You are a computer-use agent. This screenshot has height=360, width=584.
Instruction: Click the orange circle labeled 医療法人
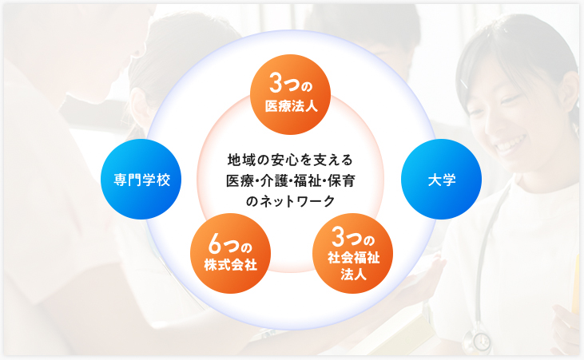(x=290, y=94)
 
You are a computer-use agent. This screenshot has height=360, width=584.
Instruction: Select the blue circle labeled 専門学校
(x=141, y=179)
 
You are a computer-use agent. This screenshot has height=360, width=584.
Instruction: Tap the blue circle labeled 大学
(x=441, y=179)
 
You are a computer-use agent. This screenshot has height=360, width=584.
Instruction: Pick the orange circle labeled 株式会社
(x=231, y=253)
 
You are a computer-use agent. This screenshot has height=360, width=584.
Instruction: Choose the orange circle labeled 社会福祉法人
(x=352, y=253)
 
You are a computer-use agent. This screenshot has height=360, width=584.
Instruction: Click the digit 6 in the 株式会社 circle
(x=215, y=244)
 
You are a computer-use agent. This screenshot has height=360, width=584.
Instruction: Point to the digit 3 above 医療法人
(x=276, y=83)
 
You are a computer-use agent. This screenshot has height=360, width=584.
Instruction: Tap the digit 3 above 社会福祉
(x=339, y=237)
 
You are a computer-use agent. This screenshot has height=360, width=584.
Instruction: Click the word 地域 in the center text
(x=241, y=160)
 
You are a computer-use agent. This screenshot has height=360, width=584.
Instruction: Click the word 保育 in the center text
(x=342, y=181)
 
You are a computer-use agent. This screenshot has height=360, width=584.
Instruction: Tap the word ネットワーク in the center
(x=297, y=201)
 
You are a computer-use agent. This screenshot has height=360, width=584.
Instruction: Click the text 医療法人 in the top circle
(x=292, y=106)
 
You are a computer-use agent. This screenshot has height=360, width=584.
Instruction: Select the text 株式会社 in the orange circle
(x=231, y=265)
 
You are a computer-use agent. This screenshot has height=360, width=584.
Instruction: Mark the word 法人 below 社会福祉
(x=353, y=275)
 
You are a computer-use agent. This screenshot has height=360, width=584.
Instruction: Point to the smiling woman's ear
(x=567, y=94)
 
